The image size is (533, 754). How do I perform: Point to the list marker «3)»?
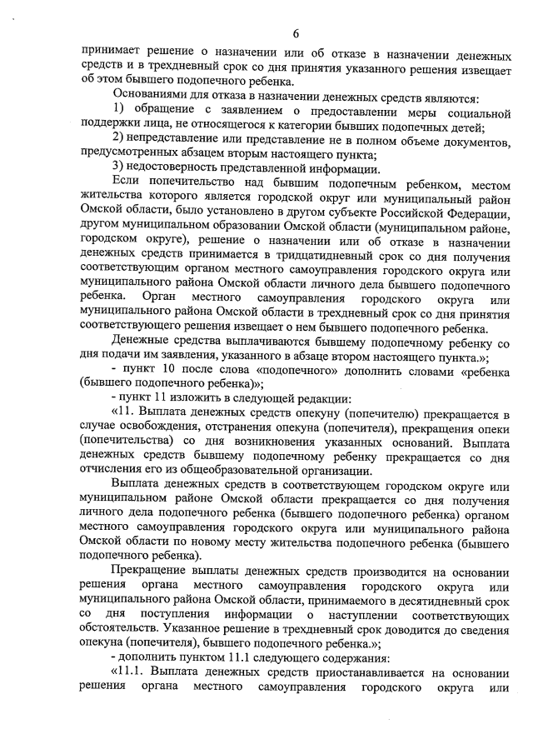pyautogui.click(x=117, y=167)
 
